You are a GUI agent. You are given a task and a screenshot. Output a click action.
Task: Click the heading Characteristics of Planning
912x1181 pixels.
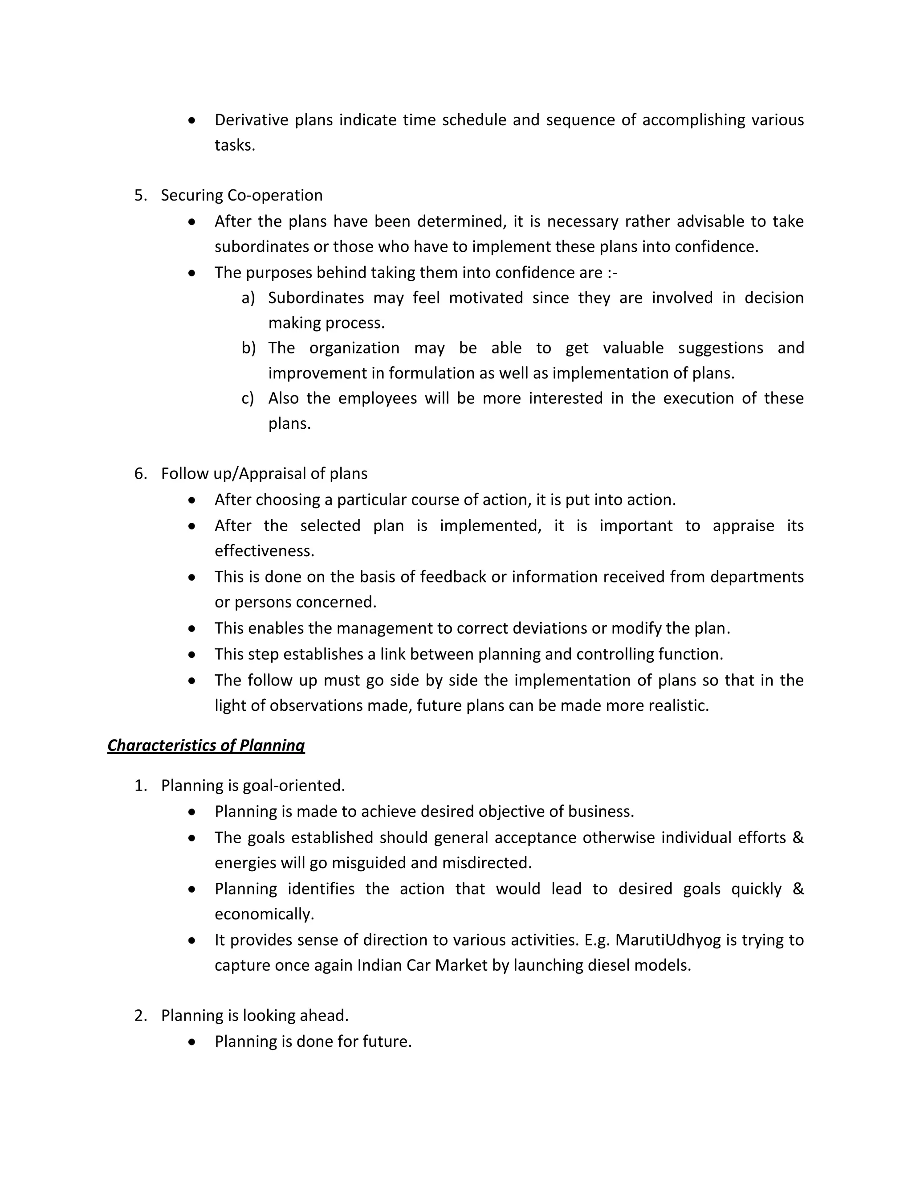click(x=206, y=745)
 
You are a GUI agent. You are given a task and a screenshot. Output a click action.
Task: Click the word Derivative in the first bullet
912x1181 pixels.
click(x=251, y=119)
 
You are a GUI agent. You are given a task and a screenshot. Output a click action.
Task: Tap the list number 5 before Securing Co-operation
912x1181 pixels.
click(x=140, y=195)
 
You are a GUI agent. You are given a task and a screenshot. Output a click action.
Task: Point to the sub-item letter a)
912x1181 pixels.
click(x=248, y=298)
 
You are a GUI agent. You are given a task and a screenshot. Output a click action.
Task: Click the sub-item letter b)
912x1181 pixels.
click(x=248, y=348)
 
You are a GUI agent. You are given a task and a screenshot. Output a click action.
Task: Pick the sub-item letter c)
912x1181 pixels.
click(x=248, y=398)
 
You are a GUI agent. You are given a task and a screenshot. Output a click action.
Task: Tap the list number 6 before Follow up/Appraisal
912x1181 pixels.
click(x=140, y=474)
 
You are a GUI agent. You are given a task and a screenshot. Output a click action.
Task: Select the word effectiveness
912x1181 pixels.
click(x=264, y=551)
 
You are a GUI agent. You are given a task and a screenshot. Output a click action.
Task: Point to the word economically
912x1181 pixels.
click(x=264, y=914)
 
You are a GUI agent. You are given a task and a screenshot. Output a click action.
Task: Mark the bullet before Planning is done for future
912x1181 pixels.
click(x=192, y=1042)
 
